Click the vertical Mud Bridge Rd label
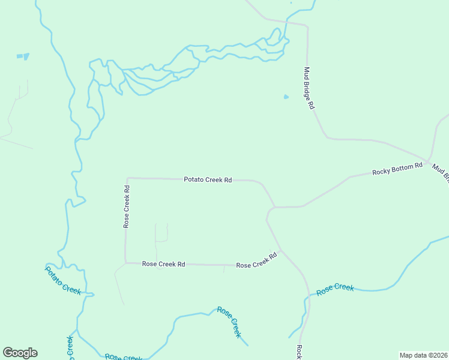(x=309, y=88)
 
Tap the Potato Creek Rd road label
(x=208, y=179)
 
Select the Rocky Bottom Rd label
(x=397, y=170)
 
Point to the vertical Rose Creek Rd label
(x=127, y=206)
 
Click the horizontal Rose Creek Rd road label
(x=163, y=264)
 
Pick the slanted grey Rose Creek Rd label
(x=256, y=260)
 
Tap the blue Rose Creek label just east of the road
(x=335, y=289)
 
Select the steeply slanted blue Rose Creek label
(x=229, y=322)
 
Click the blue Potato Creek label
(x=63, y=280)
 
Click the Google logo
(x=20, y=353)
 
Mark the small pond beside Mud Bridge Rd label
(x=286, y=97)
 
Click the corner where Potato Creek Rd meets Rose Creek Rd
(x=128, y=178)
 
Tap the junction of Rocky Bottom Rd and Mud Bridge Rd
(x=426, y=163)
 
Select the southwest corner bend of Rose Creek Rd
(x=125, y=262)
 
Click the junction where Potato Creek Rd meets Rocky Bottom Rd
(x=274, y=207)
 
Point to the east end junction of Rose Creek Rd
(x=281, y=250)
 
